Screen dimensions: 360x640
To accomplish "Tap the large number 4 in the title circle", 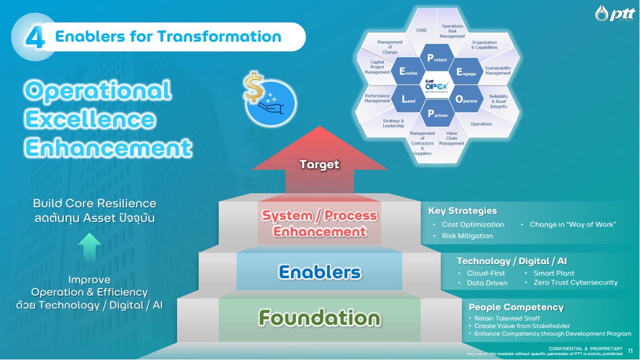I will [35, 37].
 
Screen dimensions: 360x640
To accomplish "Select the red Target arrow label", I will [319, 164].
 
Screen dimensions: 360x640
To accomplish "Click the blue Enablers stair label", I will [319, 272].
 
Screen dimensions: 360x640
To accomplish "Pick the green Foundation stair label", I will [319, 317].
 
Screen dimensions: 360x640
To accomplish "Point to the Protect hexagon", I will [437, 58].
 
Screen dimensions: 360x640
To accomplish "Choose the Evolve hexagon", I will [408, 72].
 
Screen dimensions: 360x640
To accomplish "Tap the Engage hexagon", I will [466, 72].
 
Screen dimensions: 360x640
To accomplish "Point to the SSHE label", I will [421, 30].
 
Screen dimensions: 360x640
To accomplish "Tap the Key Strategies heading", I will [462, 211].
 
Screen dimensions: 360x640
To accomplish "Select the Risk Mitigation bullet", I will [467, 236].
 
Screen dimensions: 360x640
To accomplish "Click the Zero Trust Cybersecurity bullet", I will [575, 283].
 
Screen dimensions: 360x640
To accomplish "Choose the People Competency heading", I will [516, 307].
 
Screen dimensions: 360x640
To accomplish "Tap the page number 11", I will [630, 351].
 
